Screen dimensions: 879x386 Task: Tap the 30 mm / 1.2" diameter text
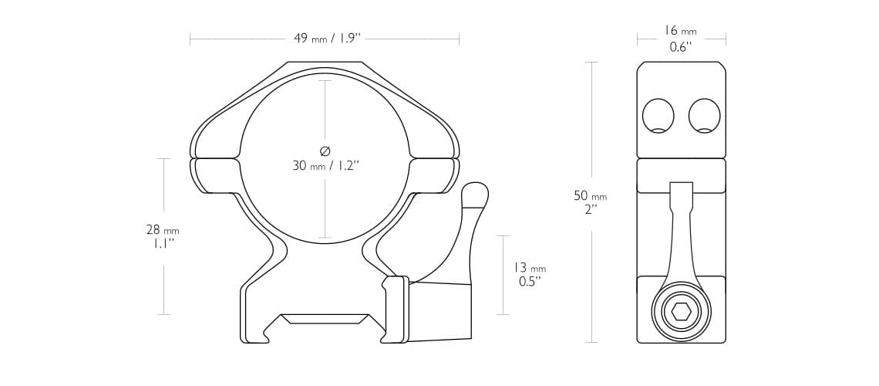325,165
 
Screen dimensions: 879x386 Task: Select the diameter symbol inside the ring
325,151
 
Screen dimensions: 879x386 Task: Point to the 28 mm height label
163,229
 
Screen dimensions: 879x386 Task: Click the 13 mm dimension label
530,268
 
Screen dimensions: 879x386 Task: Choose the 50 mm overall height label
591,196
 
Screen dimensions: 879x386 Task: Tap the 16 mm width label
681,32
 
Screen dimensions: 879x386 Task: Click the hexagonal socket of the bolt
681,311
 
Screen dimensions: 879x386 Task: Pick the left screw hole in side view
658,116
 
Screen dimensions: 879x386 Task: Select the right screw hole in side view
705,116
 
